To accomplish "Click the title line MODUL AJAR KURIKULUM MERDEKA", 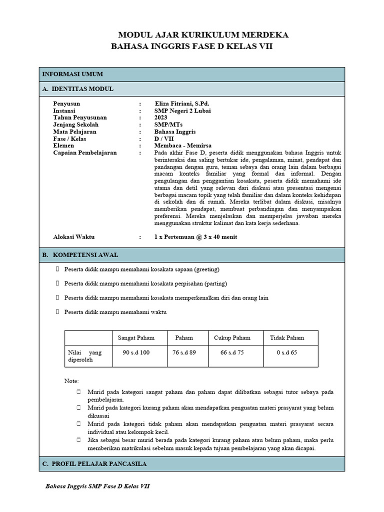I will (x=203, y=35).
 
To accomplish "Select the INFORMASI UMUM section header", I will (x=72, y=74).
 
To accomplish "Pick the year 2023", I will (x=161, y=117).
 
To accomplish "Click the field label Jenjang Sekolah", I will (x=76, y=124).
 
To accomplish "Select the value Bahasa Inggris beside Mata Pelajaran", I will (x=175, y=131).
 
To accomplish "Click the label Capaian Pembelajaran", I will (x=85, y=152).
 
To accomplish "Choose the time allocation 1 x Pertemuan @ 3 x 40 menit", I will (x=196, y=236).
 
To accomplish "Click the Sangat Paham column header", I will (x=136, y=337).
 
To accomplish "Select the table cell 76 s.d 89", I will (x=184, y=352).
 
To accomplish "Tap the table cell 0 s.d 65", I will (x=286, y=352).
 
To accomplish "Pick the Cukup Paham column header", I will (x=232, y=337).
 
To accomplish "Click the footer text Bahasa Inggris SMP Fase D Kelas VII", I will (x=97, y=486).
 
